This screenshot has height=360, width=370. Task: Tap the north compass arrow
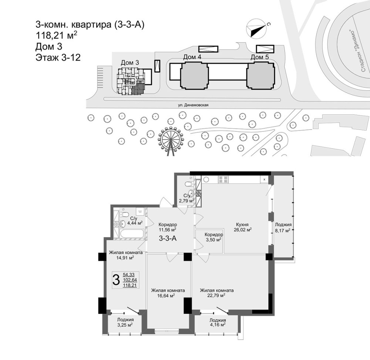[258, 31]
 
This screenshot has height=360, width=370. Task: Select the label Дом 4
[192, 57]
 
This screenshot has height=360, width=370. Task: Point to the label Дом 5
[260, 57]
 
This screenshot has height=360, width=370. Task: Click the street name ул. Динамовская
[193, 105]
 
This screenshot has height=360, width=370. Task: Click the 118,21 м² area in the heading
[56, 36]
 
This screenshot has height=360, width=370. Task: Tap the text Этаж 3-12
[58, 57]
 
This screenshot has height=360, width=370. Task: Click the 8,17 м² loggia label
[283, 231]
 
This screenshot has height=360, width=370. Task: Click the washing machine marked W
[140, 211]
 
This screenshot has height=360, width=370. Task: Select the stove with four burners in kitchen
[223, 179]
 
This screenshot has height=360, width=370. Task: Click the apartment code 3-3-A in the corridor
[168, 239]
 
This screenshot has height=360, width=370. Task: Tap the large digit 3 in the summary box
[116, 280]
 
